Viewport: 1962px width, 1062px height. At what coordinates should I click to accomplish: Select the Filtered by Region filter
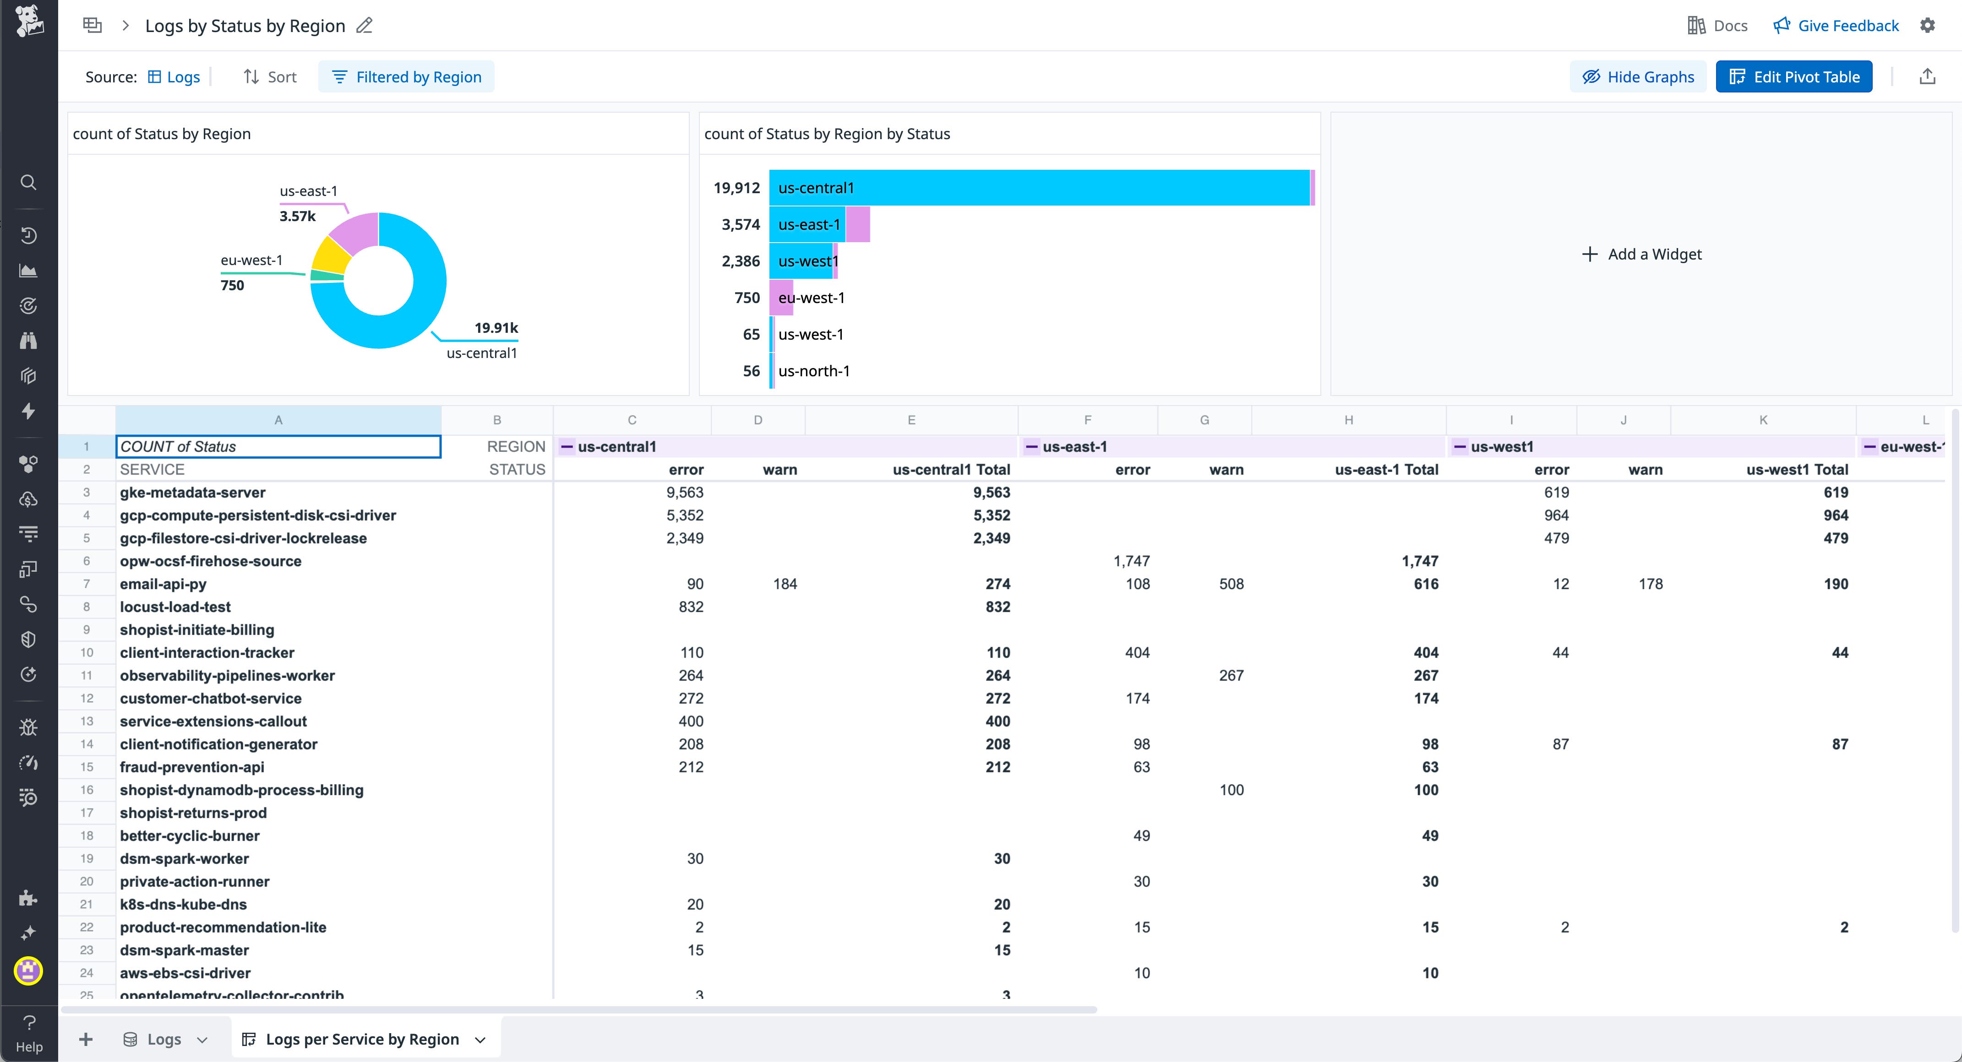pos(407,77)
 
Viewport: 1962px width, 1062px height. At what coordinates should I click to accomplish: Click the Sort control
pos(270,77)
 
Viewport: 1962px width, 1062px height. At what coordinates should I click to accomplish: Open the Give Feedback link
pos(1837,26)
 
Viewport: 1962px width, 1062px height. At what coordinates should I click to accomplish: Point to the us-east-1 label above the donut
pos(309,191)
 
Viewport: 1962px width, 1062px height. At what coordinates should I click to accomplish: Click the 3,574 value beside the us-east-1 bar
pos(740,225)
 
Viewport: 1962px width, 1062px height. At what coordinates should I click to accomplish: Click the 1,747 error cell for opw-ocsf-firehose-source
pos(1131,561)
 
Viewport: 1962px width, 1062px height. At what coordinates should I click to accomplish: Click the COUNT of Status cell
pos(278,447)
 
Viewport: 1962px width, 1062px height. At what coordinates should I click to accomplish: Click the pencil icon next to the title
pos(365,26)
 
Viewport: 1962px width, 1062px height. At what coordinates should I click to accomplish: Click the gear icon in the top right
pos(1928,26)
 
